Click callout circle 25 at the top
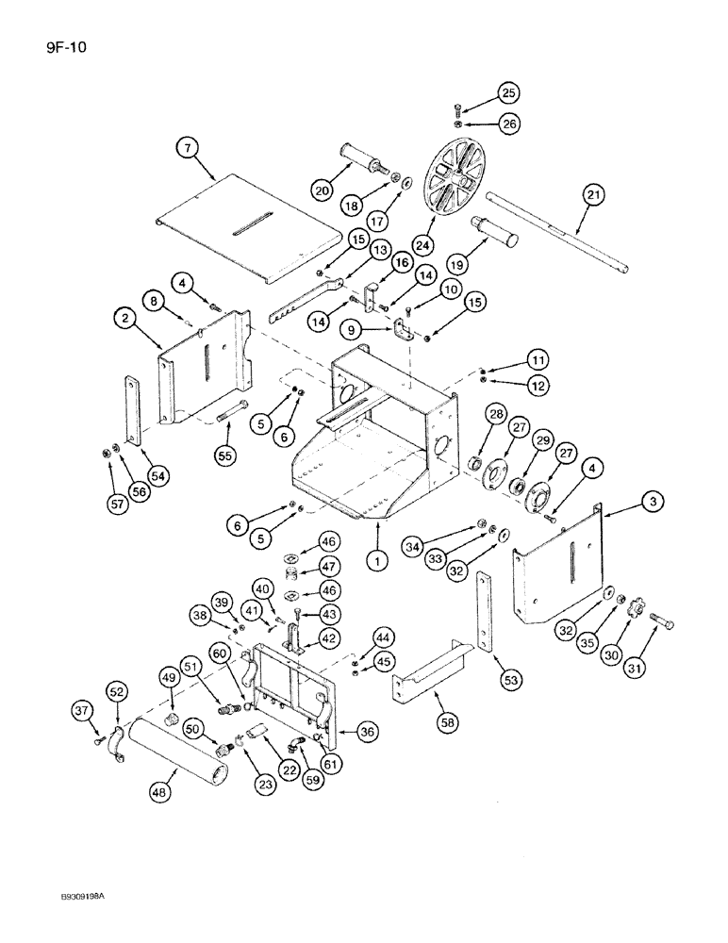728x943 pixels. pos(508,92)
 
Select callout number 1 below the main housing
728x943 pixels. pos(377,562)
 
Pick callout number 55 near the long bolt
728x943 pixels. pos(224,454)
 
